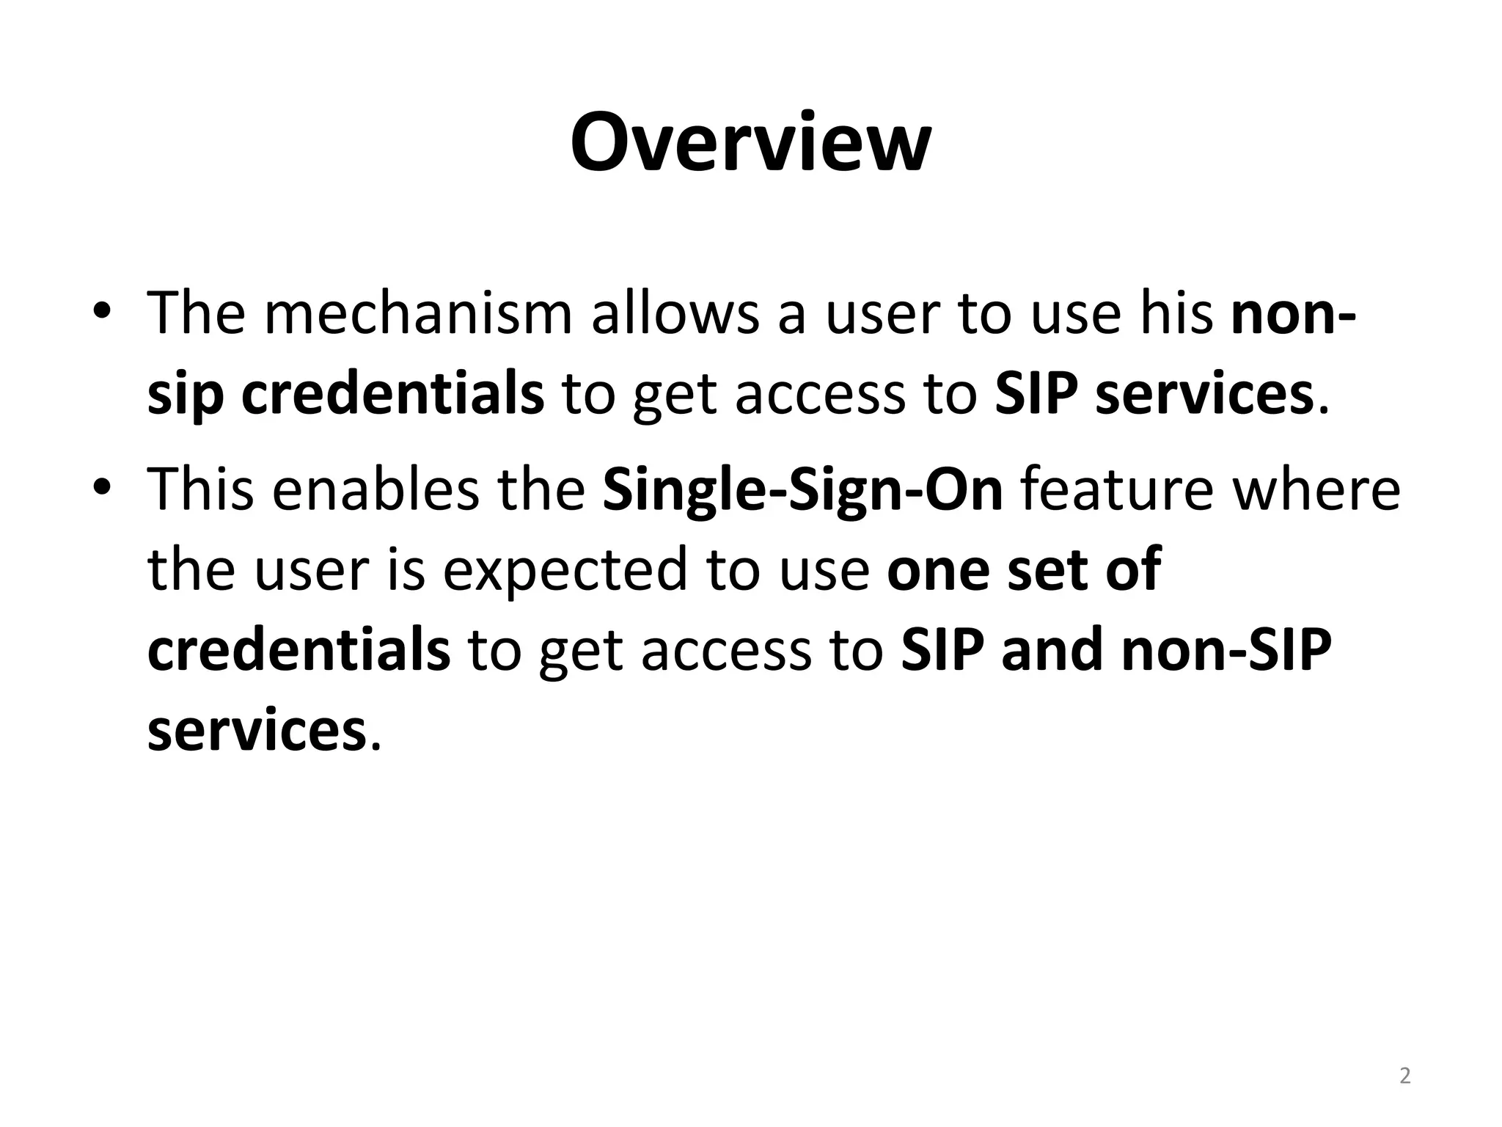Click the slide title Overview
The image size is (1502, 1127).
click(x=750, y=143)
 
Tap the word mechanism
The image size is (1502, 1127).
click(x=417, y=314)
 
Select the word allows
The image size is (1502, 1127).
click(x=675, y=314)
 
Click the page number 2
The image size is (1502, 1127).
click(x=1404, y=1076)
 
